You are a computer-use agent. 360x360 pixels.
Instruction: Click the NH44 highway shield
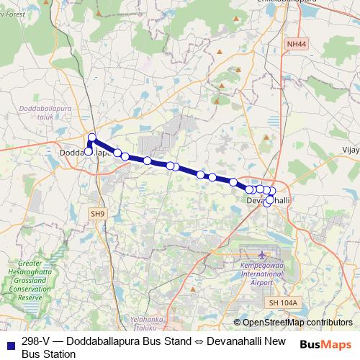(295, 44)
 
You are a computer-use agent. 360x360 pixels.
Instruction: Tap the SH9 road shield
(97, 213)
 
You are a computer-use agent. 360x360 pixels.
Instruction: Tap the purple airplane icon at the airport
(261, 255)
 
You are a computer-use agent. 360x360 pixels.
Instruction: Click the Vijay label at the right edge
(350, 152)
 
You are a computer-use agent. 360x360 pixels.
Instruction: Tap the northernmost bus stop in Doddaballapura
(92, 138)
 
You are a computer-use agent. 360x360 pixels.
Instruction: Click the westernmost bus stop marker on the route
(89, 152)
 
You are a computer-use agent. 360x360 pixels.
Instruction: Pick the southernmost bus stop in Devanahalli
(267, 204)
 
